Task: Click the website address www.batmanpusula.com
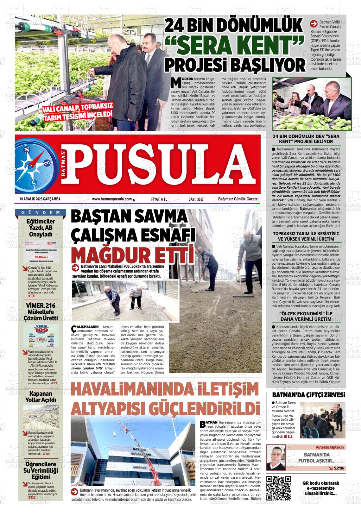click(112, 199)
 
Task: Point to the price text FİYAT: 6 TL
click(159, 199)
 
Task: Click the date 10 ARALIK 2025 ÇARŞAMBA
click(40, 199)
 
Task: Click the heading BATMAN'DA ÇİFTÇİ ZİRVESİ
click(308, 395)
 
